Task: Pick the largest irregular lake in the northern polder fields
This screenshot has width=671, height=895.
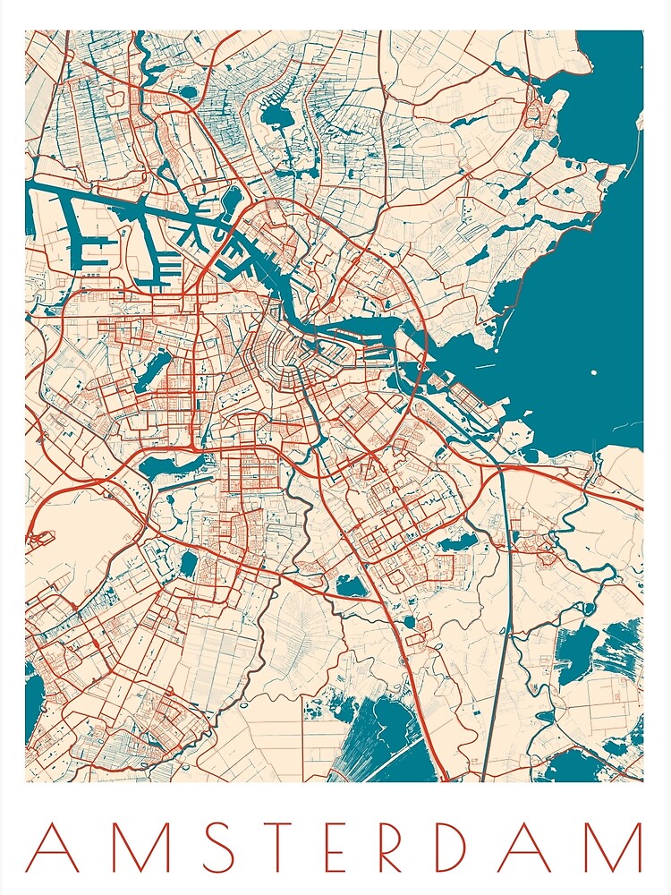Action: point(273,116)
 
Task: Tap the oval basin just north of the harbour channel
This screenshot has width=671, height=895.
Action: point(231,198)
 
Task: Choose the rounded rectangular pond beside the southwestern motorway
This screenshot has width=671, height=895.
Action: point(188,564)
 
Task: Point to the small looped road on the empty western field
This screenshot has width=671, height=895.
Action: point(39,539)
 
